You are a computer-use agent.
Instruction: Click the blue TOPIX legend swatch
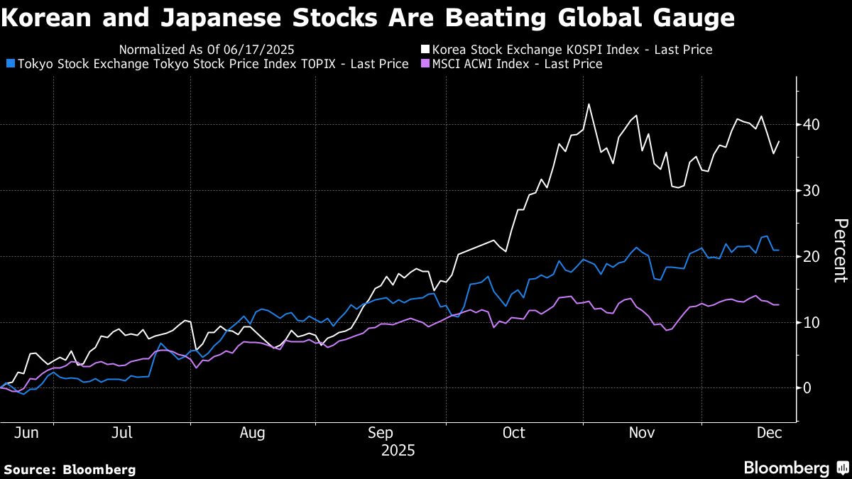pos(9,64)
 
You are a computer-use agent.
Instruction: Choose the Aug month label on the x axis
pos(252,432)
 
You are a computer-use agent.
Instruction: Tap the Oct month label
pos(513,432)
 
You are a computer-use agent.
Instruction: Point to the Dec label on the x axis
pos(769,432)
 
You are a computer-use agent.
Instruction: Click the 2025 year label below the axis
pos(398,450)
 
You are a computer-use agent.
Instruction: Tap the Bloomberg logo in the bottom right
pos(795,468)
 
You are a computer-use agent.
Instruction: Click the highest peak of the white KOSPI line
pos(589,104)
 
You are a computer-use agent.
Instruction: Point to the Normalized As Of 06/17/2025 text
pos(207,50)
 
